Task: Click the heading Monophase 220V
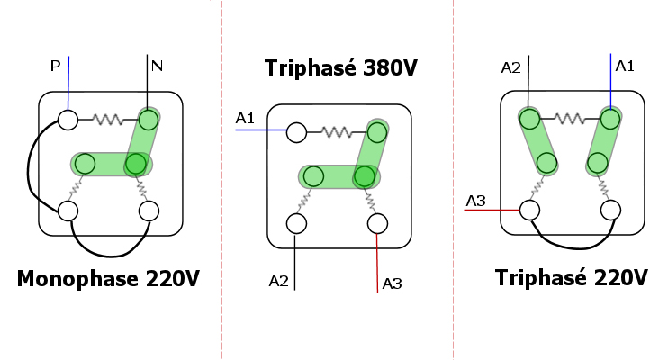click(x=107, y=279)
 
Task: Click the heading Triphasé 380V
click(x=329, y=68)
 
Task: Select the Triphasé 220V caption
click(x=571, y=277)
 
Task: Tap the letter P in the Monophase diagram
click(x=55, y=65)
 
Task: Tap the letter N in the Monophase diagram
click(x=157, y=65)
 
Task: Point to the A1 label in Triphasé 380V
click(x=245, y=118)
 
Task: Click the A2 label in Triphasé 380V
click(x=278, y=282)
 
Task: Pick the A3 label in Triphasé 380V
click(x=392, y=283)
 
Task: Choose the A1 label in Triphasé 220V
click(x=625, y=65)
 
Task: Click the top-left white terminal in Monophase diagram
click(x=67, y=119)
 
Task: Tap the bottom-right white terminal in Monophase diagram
click(x=149, y=211)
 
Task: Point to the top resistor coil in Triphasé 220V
click(x=569, y=118)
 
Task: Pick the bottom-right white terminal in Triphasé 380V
click(x=377, y=223)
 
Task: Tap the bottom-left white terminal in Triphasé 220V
click(x=529, y=210)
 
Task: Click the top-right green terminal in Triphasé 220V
click(x=610, y=118)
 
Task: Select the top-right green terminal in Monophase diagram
click(x=149, y=119)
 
